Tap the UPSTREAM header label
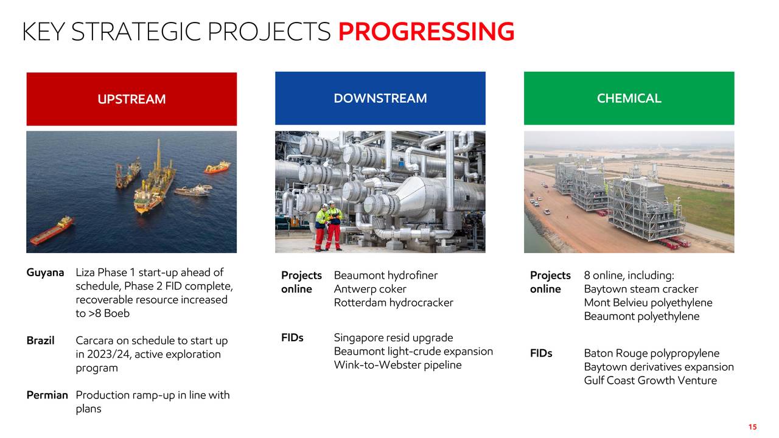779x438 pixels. (131, 99)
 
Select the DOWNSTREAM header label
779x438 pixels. (380, 98)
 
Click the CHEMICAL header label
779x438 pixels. (629, 98)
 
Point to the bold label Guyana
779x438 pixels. (45, 273)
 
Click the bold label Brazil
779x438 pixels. (40, 340)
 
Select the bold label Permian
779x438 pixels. (47, 395)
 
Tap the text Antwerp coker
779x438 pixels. (370, 289)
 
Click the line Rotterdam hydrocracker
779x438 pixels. (393, 302)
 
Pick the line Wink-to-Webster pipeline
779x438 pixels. (397, 364)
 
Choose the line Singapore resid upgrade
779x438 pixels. (393, 338)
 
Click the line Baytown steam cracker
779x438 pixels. (641, 289)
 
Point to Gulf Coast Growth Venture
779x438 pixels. (651, 380)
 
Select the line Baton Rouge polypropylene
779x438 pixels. (652, 353)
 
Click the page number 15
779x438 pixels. (753, 427)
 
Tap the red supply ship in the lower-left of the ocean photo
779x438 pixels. (52, 230)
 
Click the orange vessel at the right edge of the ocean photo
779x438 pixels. (217, 167)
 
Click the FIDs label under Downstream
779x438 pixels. (292, 338)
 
